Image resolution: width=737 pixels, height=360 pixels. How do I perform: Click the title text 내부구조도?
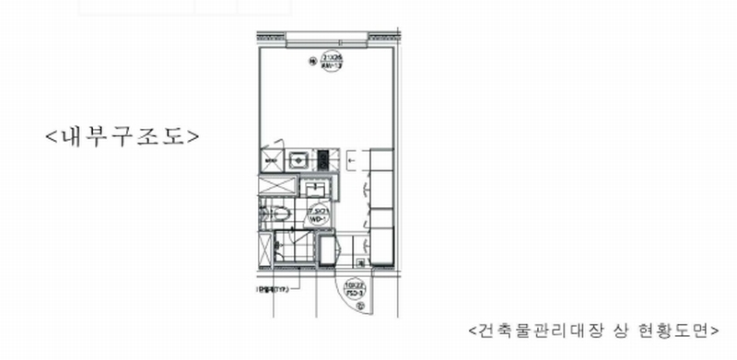[122, 135]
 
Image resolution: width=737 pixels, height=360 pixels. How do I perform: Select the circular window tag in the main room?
[327, 64]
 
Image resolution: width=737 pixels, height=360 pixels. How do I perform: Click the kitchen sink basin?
[298, 160]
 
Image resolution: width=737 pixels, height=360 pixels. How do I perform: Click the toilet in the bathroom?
[280, 215]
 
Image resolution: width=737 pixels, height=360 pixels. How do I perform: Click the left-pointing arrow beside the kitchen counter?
[354, 160]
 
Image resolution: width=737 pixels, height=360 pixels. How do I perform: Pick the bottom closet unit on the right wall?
[381, 247]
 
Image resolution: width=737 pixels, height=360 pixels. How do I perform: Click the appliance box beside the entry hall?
[328, 248]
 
